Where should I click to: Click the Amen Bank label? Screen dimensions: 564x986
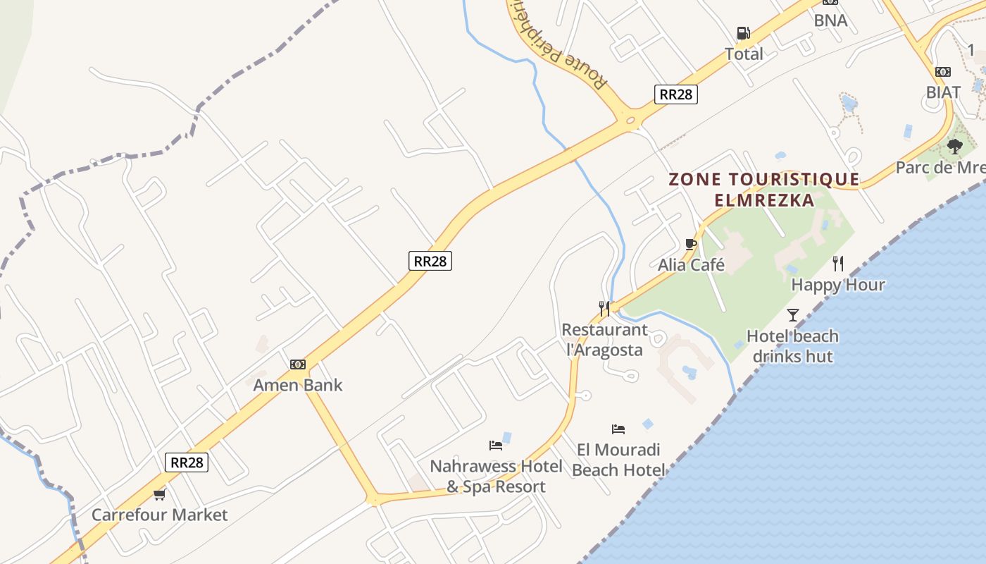[298, 385]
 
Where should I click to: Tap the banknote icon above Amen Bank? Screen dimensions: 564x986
[298, 364]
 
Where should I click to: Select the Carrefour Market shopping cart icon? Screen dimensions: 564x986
[160, 494]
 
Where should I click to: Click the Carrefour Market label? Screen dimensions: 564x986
[160, 515]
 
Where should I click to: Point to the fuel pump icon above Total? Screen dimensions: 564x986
[743, 33]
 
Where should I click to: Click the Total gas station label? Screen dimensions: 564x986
[744, 54]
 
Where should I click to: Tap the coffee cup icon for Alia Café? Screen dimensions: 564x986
[691, 245]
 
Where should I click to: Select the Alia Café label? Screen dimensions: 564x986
[691, 265]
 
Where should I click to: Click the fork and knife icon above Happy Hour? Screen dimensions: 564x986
[838, 264]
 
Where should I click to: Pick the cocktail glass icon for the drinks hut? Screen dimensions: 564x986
[793, 314]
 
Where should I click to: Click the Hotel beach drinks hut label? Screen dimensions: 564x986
[792, 346]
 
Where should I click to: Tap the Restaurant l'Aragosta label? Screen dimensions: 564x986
[605, 340]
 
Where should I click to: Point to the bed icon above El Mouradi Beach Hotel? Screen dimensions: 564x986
[618, 429]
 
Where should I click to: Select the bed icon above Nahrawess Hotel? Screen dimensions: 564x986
[496, 446]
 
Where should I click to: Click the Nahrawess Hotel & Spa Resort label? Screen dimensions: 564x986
[497, 477]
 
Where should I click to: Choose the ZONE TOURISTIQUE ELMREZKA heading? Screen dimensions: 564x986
[764, 190]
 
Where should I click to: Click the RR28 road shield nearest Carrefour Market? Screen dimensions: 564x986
[187, 462]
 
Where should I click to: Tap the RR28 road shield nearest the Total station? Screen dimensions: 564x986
[676, 94]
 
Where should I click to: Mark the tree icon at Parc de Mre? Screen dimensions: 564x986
[955, 147]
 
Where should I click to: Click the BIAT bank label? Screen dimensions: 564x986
[943, 92]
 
